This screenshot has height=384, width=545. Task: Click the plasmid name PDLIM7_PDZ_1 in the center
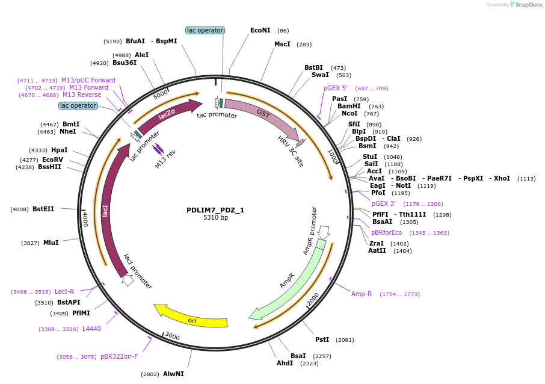[215, 210]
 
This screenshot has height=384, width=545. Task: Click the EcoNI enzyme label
[260, 30]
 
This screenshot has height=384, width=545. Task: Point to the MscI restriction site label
[282, 44]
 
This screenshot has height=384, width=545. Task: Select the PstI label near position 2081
[322, 339]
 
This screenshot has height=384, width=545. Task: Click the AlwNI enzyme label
[173, 374]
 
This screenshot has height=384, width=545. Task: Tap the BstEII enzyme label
[43, 209]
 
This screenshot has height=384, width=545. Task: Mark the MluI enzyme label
[51, 243]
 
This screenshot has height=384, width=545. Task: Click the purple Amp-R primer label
[362, 294]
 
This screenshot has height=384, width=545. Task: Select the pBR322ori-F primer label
[119, 356]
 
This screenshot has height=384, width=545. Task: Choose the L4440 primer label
[91, 329]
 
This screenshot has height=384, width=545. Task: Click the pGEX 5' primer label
[336, 88]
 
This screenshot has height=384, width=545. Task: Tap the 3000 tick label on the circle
[173, 336]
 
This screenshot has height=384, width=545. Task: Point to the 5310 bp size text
[215, 218]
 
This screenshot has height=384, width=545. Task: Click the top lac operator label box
[205, 30]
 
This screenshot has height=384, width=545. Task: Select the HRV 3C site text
[291, 151]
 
